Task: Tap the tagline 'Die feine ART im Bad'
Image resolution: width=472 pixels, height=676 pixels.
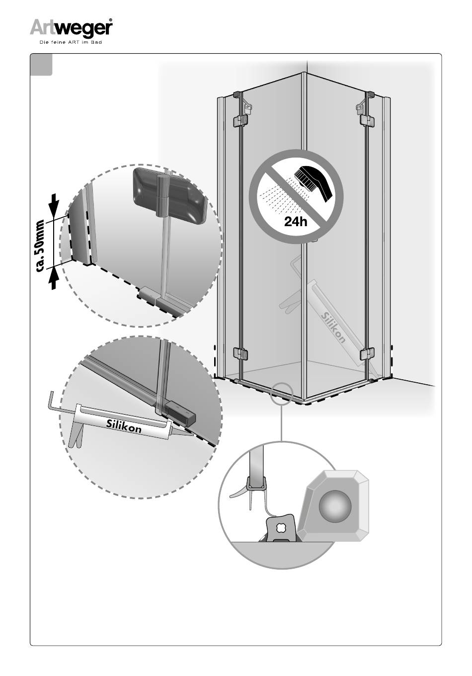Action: point(71,42)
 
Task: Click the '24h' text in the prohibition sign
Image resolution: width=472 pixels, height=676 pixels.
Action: point(296,222)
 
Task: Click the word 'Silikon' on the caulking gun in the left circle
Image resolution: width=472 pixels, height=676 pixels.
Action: point(124,425)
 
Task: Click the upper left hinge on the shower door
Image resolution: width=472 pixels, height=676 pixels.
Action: point(240,120)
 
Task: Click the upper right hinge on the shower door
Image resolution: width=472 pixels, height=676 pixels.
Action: point(367,120)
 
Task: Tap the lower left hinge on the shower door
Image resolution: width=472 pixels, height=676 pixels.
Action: point(240,354)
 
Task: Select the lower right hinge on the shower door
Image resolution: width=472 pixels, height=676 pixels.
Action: point(367,354)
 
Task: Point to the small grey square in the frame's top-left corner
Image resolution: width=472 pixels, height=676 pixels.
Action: point(41,65)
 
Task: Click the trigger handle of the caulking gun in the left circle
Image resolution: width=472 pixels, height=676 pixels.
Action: point(76,434)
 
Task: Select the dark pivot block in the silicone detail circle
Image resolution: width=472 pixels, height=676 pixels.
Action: point(180,412)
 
